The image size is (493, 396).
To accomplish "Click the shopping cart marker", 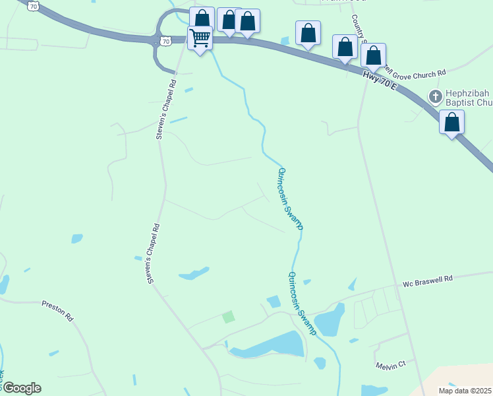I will [x=200, y=37].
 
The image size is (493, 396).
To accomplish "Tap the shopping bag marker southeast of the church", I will [x=451, y=123].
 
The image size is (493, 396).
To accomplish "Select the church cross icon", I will [x=435, y=97].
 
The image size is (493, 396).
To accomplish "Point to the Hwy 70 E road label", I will [x=379, y=82].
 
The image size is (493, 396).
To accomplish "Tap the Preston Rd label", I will [x=57, y=310].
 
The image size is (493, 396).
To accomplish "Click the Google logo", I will [x=21, y=388].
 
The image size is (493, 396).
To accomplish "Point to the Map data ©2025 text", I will [x=465, y=391].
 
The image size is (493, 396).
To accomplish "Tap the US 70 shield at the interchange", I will [x=165, y=41].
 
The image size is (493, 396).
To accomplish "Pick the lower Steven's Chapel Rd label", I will [x=154, y=253].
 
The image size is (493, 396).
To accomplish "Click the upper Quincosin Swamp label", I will [x=290, y=198].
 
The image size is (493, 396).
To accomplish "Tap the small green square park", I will [x=228, y=317].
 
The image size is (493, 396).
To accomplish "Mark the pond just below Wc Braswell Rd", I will [x=329, y=321].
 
